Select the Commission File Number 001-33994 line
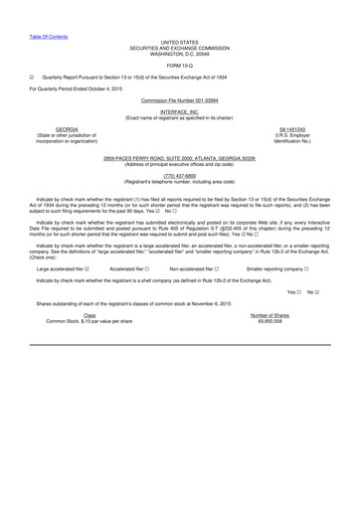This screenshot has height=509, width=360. coord(180,74)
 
